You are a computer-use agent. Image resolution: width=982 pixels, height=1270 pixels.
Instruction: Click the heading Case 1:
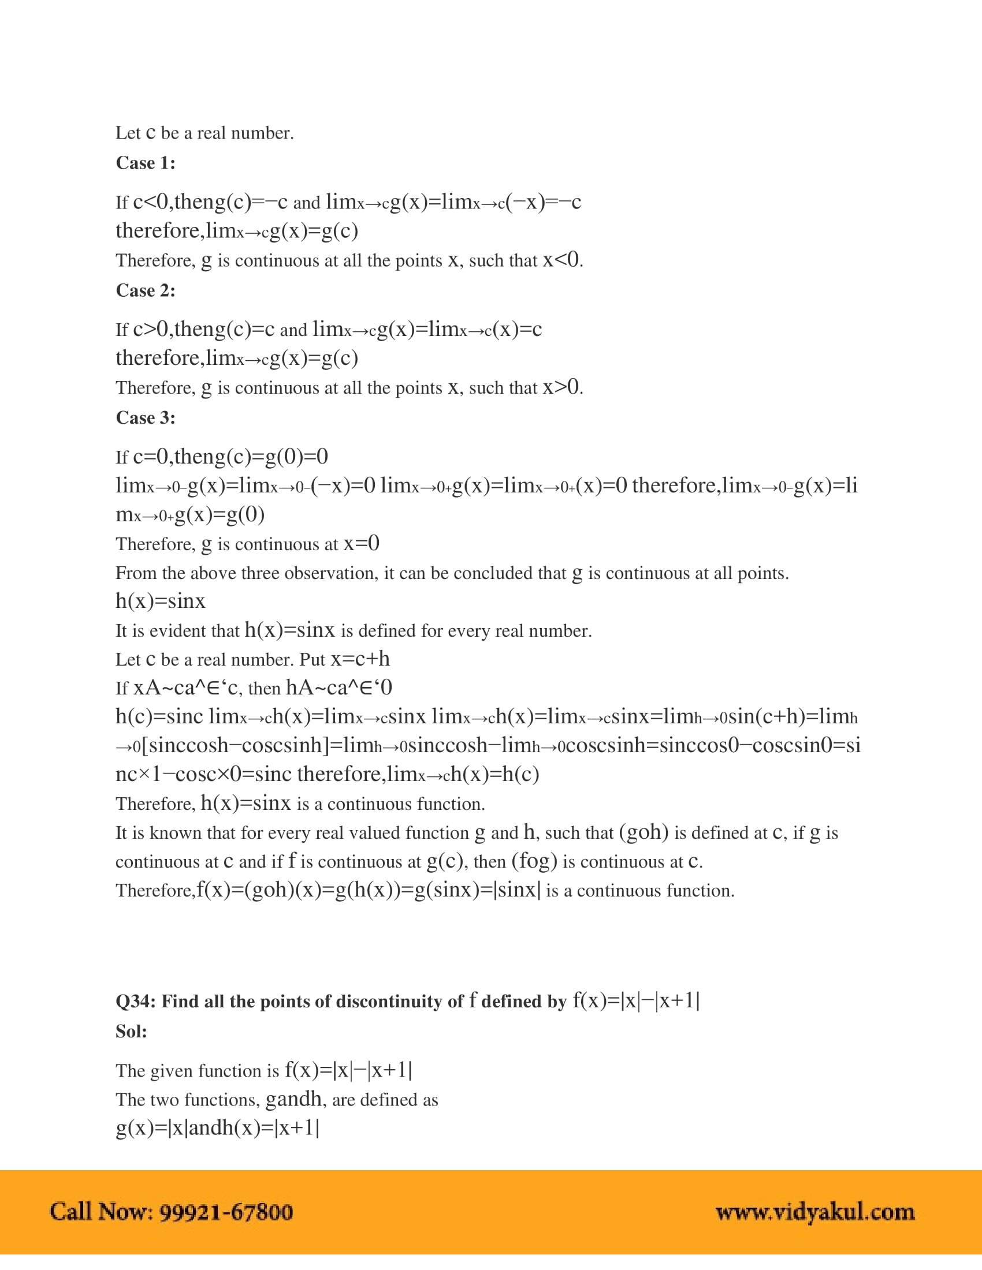[146, 163]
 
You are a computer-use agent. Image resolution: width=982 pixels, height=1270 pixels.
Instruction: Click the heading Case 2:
[146, 290]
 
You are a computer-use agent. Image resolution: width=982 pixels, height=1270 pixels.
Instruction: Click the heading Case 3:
[146, 417]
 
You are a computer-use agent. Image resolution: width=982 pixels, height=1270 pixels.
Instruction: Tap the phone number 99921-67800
[226, 1212]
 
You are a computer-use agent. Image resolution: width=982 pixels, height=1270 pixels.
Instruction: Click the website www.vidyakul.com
[815, 1212]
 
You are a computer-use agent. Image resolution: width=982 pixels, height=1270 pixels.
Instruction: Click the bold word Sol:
[132, 1032]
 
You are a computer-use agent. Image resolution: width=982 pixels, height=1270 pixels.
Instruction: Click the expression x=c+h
[360, 659]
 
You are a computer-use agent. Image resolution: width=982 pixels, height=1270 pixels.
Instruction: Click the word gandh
[293, 1099]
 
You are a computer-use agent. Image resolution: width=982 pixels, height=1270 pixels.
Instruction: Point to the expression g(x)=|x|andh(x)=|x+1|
[218, 1127]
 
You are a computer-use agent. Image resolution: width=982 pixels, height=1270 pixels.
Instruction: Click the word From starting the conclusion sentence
[136, 573]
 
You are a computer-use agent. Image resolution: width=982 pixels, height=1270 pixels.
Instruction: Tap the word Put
[313, 660]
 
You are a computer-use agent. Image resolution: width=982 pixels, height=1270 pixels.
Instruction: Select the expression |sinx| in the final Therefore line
[516, 890]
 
